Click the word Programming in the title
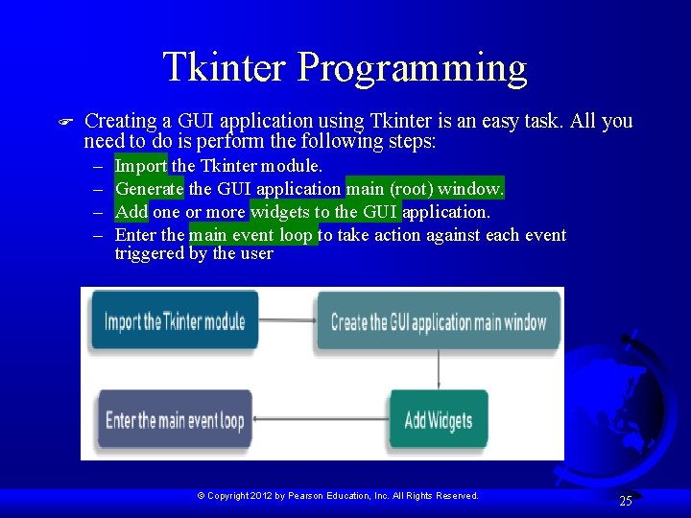(413, 70)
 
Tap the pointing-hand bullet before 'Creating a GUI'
(66, 122)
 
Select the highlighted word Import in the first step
(140, 166)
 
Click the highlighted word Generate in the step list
(150, 189)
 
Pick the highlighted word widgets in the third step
(280, 212)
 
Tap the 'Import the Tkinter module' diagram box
(175, 321)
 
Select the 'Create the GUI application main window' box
(439, 322)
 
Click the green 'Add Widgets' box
(439, 419)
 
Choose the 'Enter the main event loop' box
(175, 420)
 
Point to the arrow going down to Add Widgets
(439, 368)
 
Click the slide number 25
(626, 501)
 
